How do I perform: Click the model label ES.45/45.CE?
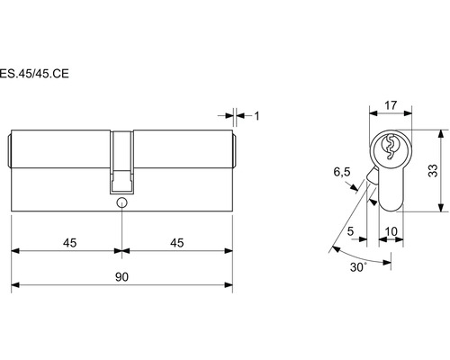(x=34, y=74)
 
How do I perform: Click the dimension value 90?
(x=121, y=277)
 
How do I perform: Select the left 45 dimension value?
(x=69, y=243)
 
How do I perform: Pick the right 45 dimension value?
(x=177, y=243)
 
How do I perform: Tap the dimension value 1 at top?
(x=256, y=116)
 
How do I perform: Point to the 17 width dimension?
(x=391, y=105)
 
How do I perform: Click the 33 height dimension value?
(x=433, y=171)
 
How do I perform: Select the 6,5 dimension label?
(x=342, y=172)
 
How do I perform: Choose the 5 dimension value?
(x=350, y=231)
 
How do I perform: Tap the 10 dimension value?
(x=391, y=231)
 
